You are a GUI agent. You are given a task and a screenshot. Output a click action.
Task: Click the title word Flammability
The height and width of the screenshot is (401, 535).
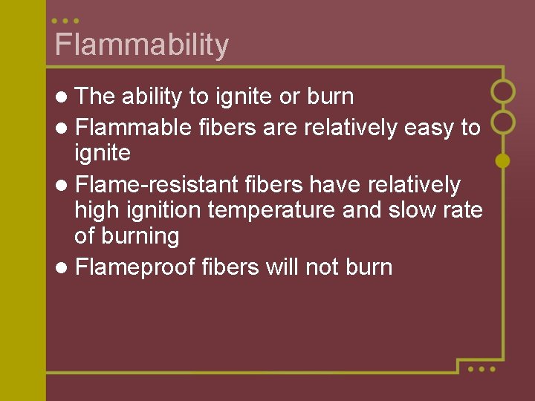tap(141, 45)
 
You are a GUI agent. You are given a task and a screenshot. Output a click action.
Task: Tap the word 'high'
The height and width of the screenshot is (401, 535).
tap(99, 211)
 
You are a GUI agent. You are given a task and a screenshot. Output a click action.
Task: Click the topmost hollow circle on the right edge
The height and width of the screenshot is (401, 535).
tap(503, 91)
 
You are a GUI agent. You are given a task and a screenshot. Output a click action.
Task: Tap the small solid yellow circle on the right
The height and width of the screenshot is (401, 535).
tap(502, 160)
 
